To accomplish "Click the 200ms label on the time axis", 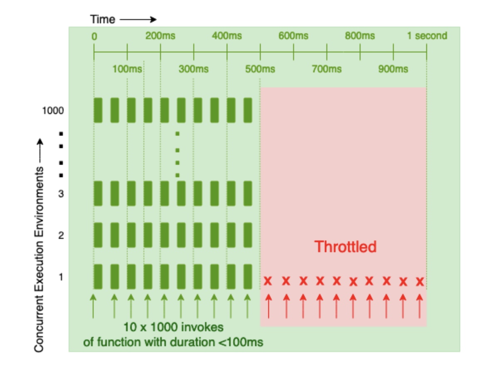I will (x=160, y=35).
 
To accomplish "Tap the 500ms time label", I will (x=260, y=69).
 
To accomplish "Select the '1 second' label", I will (x=427, y=35).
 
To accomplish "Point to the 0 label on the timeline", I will (x=94, y=36).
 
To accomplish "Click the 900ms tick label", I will (x=393, y=69).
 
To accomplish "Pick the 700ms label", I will (x=326, y=69).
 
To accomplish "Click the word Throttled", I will (x=345, y=246).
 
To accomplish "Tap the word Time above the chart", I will (x=102, y=19).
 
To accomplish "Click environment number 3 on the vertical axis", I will (x=61, y=193).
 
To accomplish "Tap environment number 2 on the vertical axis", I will (x=61, y=236).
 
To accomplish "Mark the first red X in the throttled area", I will (x=268, y=281).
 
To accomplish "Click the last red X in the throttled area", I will (x=420, y=282).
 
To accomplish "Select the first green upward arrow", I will (x=94, y=306).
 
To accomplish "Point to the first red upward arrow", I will (x=269, y=306).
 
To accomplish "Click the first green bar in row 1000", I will (x=98, y=110).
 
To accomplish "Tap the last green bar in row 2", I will (x=248, y=235).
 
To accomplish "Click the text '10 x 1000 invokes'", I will (x=173, y=327).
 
